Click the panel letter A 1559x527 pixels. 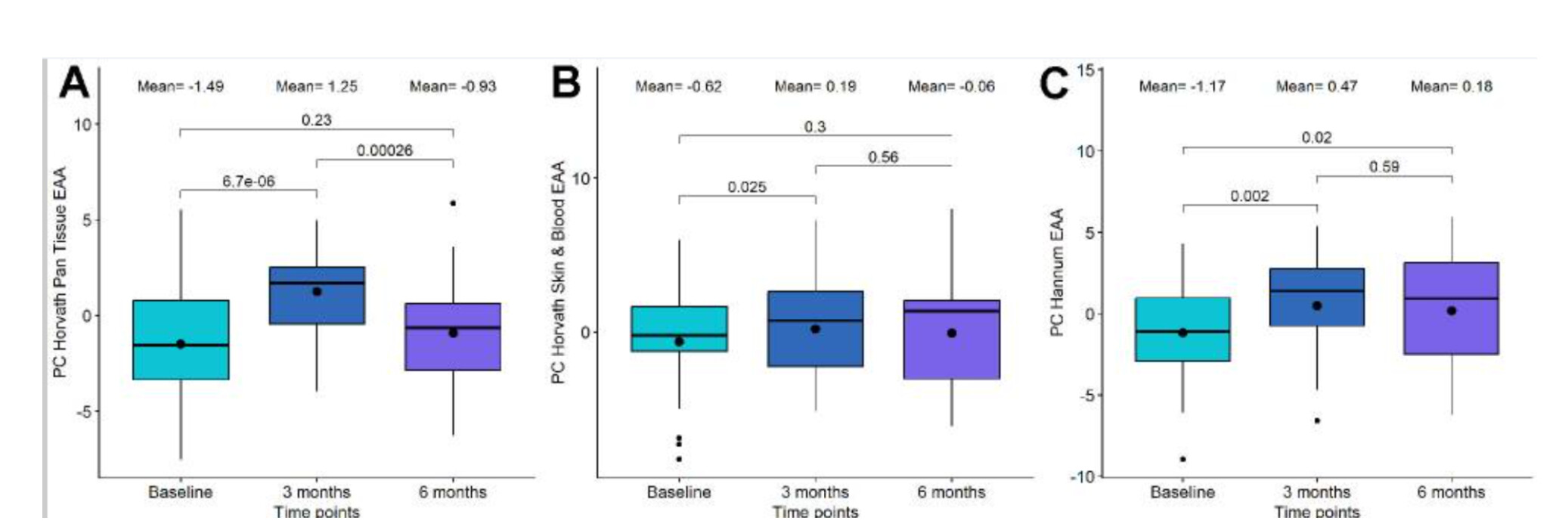point(74,83)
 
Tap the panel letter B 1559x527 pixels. point(566,83)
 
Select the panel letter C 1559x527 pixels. point(1053,84)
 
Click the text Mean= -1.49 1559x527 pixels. point(181,87)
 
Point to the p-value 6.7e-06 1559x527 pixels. point(248,181)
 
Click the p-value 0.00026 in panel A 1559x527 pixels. point(384,150)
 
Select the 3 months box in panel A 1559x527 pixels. point(317,296)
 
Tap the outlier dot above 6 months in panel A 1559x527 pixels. point(453,203)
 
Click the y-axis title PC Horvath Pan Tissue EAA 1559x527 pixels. point(60,272)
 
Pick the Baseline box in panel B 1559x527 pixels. point(679,329)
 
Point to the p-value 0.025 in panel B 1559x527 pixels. point(746,187)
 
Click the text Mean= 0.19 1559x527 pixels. point(815,87)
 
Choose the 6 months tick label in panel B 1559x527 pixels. point(951,492)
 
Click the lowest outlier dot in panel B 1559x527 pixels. point(679,459)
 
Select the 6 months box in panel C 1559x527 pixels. point(1451,308)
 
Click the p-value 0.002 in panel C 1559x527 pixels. point(1249,197)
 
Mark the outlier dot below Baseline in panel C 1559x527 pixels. point(1182,459)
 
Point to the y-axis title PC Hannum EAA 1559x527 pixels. point(1057,272)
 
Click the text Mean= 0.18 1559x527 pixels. point(1451,87)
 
